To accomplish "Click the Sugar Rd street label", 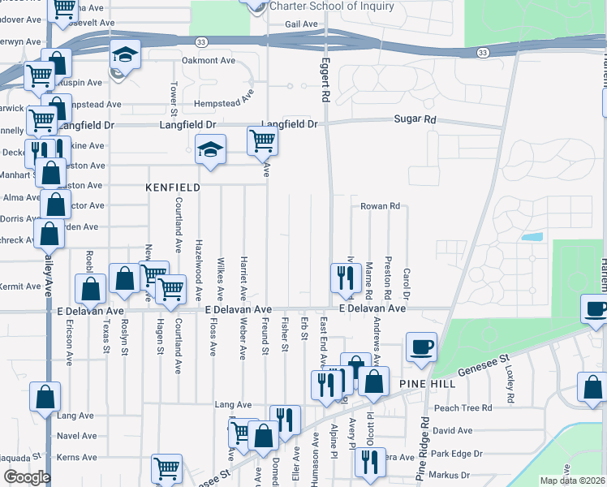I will (415, 119).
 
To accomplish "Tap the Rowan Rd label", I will (381, 206).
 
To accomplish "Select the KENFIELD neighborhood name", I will (172, 187).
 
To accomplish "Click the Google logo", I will (27, 477).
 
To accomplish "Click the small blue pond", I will (532, 238).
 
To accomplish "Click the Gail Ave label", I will (301, 24).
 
